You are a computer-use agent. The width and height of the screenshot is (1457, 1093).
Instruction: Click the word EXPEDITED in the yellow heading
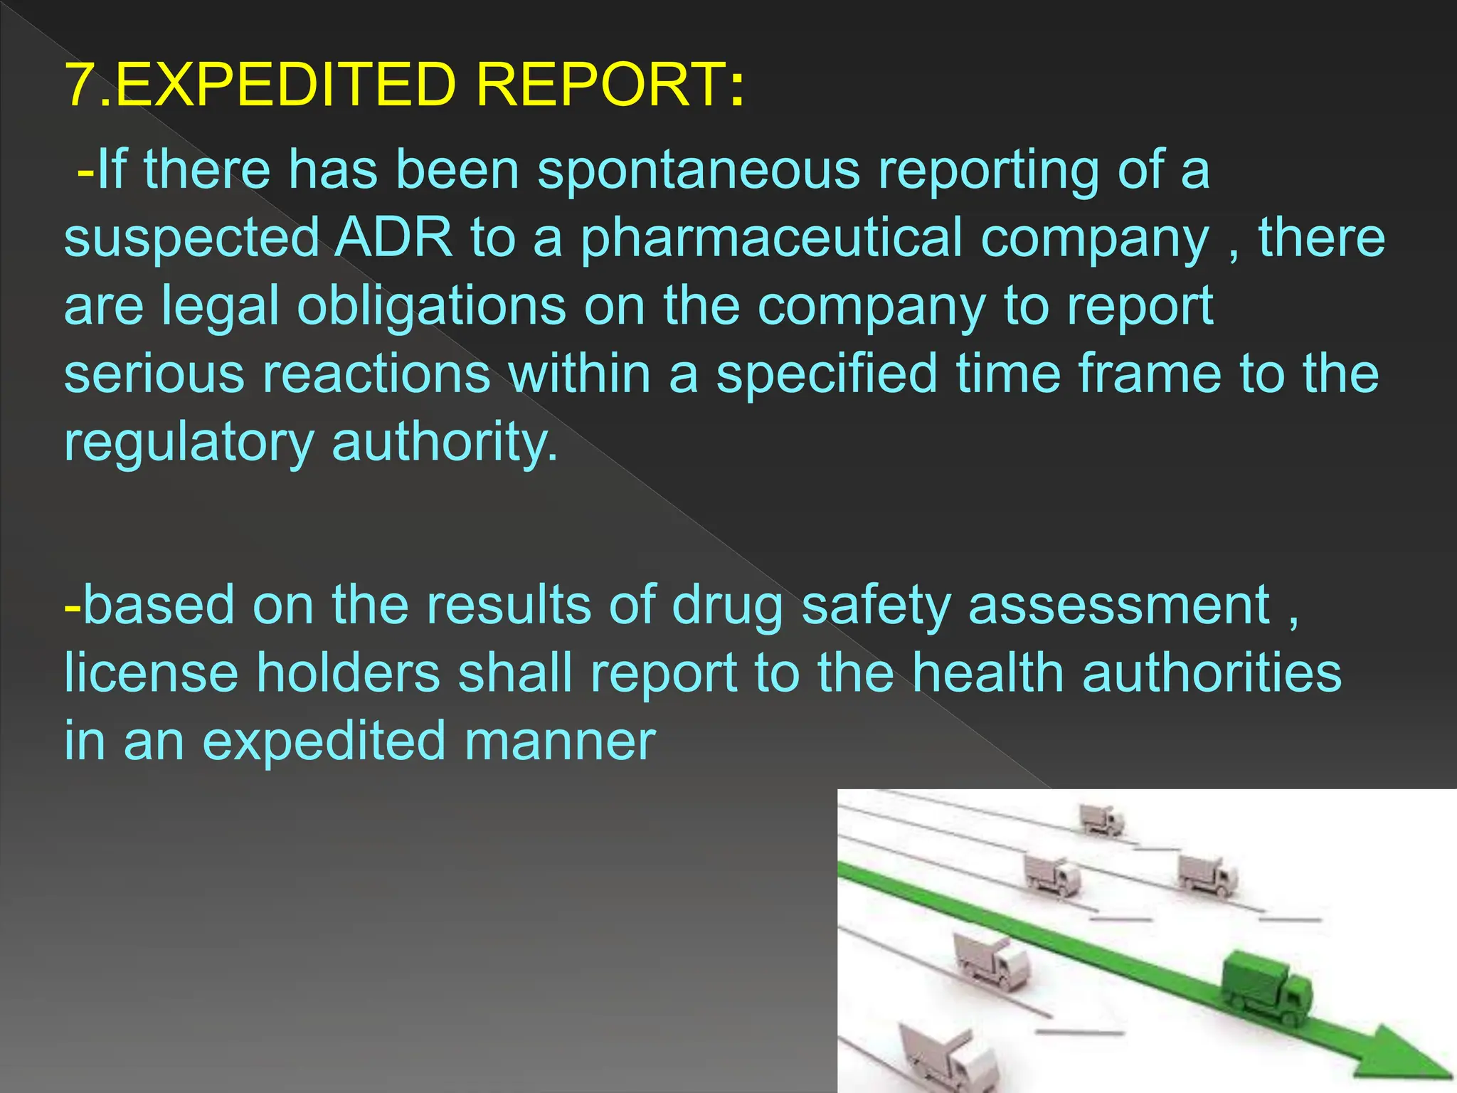(x=285, y=85)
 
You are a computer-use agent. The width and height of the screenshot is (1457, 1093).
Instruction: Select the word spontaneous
(x=698, y=171)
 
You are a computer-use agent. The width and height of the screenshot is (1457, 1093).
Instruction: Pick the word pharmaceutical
(x=771, y=239)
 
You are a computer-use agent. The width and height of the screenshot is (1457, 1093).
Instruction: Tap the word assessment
(x=1119, y=606)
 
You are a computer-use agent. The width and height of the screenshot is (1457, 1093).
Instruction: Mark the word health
(x=987, y=672)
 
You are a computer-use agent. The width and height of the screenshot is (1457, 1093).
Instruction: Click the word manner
(x=559, y=741)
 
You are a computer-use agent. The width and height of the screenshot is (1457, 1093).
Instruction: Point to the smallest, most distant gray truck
(x=1101, y=819)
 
